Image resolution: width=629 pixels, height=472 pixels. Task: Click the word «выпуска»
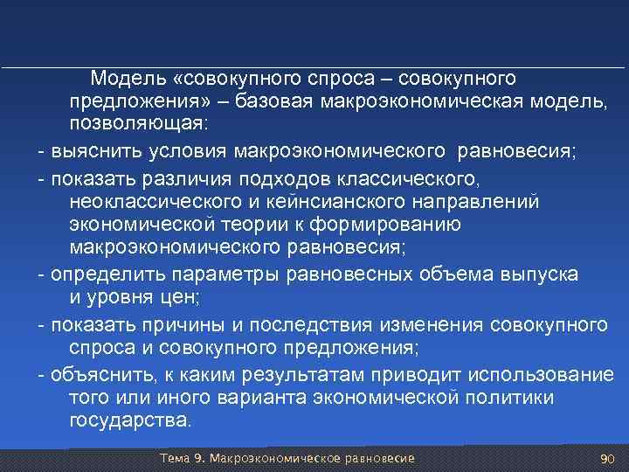tap(538, 274)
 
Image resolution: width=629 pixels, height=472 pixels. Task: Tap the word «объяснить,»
tap(105, 375)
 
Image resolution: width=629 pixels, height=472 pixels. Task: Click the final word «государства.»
tap(128, 420)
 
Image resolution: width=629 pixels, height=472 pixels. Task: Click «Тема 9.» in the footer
tap(185, 459)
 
